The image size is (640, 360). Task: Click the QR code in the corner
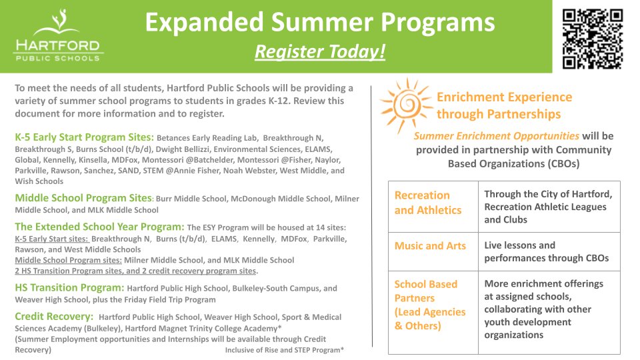pyautogui.click(x=592, y=39)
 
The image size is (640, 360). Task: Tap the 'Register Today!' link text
pyautogui.click(x=320, y=51)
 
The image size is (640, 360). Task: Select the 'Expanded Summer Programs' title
pyautogui.click(x=320, y=22)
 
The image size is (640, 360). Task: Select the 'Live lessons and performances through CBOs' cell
pyautogui.click(x=549, y=251)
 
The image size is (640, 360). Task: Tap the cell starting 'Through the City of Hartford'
pyautogui.click(x=549, y=207)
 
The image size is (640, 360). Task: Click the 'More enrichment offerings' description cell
pyautogui.click(x=549, y=309)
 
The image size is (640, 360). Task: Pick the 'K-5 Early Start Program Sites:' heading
pyautogui.click(x=84, y=137)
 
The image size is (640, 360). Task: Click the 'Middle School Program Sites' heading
pyautogui.click(x=83, y=198)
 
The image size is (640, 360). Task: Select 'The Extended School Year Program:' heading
pyautogui.click(x=99, y=227)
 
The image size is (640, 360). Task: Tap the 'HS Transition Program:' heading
pyautogui.click(x=69, y=287)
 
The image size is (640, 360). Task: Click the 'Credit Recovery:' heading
pyautogui.click(x=53, y=317)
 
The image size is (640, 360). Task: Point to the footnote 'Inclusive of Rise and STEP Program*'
pyautogui.click(x=285, y=350)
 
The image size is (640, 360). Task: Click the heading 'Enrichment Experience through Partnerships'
pyautogui.click(x=504, y=105)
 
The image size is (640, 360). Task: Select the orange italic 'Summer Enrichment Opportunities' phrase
pyautogui.click(x=496, y=136)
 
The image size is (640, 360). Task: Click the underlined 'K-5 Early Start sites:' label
pyautogui.click(x=51, y=239)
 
